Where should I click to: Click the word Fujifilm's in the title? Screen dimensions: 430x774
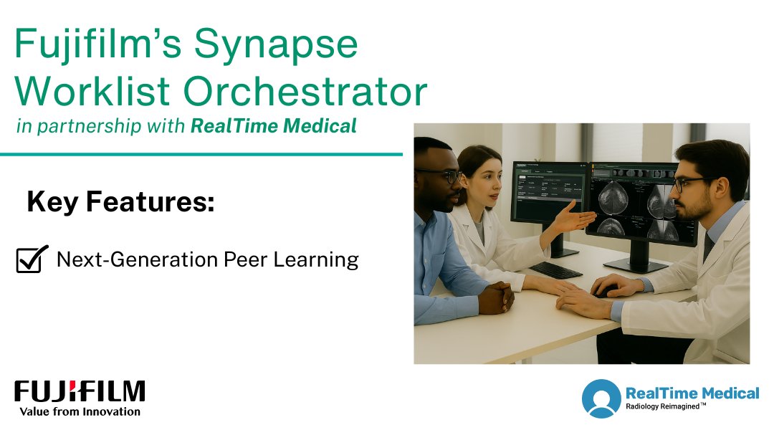tap(95, 44)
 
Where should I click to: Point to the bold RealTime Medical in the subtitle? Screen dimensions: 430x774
tap(273, 127)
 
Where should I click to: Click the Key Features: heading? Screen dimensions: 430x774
tap(120, 202)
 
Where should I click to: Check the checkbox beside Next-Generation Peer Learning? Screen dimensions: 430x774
tap(32, 259)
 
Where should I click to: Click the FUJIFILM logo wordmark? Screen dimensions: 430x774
tap(80, 391)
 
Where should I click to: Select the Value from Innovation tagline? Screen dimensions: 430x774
tap(80, 411)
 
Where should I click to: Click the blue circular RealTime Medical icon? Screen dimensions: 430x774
tap(601, 398)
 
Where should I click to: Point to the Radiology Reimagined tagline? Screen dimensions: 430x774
tap(665, 406)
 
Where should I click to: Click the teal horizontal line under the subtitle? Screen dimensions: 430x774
tap(201, 153)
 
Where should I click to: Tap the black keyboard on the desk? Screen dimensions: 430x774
tap(555, 270)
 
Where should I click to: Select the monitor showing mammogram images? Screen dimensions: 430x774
tap(641, 204)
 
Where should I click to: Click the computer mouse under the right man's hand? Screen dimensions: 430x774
tap(603, 292)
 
